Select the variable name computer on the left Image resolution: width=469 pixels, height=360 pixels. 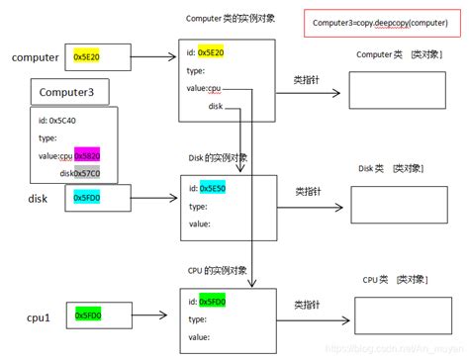(35, 58)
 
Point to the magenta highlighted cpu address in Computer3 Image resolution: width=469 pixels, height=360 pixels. (87, 155)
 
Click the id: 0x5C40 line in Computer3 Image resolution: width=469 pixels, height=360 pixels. (60, 122)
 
